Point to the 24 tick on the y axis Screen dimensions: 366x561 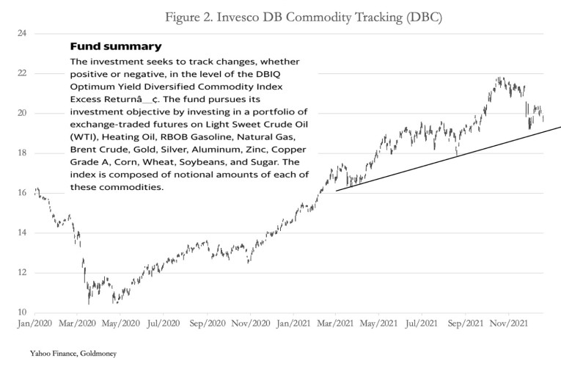(x=22, y=34)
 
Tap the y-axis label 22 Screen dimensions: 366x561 (x=22, y=73)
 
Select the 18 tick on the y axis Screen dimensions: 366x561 (x=22, y=153)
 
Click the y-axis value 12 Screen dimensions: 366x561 (x=22, y=273)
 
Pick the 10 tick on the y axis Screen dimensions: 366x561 (x=22, y=312)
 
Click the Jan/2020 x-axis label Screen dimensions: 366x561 (x=34, y=323)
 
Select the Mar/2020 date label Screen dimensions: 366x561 (x=77, y=323)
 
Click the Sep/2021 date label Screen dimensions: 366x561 (x=466, y=323)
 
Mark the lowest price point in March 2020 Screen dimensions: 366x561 (x=89, y=302)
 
